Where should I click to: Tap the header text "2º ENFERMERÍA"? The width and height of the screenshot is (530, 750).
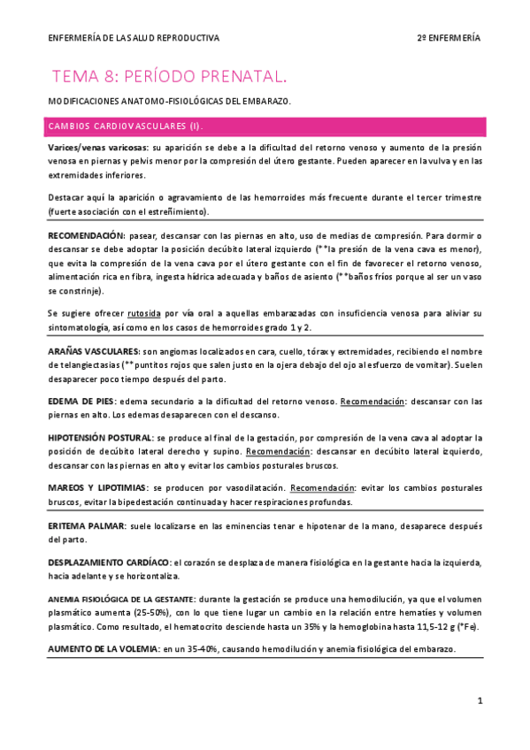tap(449, 38)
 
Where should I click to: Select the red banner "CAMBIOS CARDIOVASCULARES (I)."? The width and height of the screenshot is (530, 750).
tap(126, 126)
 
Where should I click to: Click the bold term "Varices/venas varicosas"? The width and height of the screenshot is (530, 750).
tap(98, 147)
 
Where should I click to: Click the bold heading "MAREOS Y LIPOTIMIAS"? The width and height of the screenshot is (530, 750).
tap(97, 487)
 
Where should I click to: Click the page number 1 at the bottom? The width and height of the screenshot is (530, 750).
tap(479, 700)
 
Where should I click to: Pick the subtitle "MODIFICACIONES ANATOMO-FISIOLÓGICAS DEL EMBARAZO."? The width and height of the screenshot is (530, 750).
tap(170, 102)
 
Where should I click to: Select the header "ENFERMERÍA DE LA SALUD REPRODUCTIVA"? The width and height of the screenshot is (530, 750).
tap(134, 38)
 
